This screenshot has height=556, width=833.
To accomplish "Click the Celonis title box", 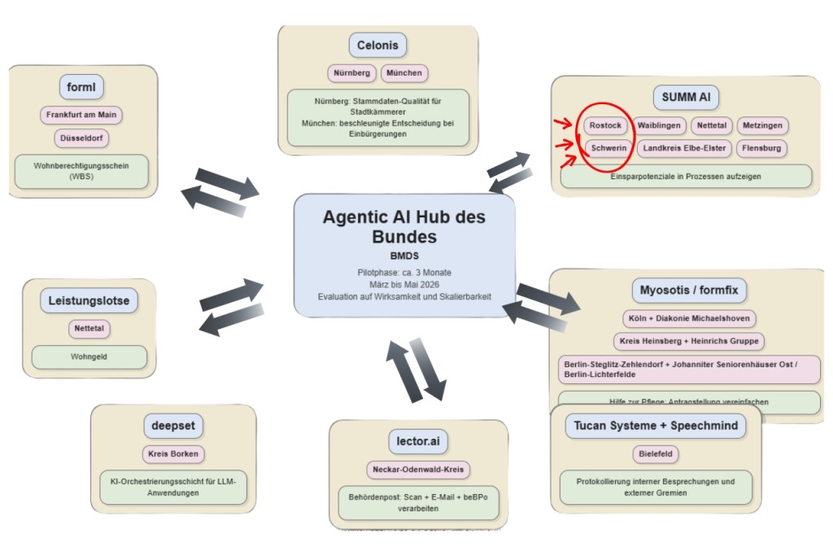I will (x=378, y=46).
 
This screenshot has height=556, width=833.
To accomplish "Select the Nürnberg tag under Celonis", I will (x=352, y=73).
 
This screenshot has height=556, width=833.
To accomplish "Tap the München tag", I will (x=403, y=73).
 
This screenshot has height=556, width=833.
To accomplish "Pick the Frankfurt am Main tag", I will (x=81, y=115).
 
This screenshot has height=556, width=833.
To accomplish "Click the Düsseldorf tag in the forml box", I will (x=81, y=138).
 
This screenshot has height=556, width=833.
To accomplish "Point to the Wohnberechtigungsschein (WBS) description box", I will (x=81, y=171).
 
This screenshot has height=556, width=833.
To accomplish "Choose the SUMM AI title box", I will (x=685, y=98).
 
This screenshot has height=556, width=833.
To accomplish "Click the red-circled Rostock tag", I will (x=604, y=126).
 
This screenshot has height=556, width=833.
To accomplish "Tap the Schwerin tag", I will (x=608, y=148).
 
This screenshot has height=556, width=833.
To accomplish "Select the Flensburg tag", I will (x=761, y=148).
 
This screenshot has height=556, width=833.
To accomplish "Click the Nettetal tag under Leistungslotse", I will (x=89, y=329).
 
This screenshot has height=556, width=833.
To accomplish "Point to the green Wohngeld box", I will (x=89, y=357).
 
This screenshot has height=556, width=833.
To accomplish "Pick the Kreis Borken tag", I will (x=172, y=454).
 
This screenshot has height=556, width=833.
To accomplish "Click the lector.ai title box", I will (x=417, y=441).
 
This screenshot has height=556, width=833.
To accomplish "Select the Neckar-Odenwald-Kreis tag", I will (x=417, y=470).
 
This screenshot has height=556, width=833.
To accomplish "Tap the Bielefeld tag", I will (x=656, y=454).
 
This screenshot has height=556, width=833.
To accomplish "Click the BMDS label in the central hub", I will (x=404, y=256).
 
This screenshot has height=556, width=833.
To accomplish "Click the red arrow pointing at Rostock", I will (x=563, y=125).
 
